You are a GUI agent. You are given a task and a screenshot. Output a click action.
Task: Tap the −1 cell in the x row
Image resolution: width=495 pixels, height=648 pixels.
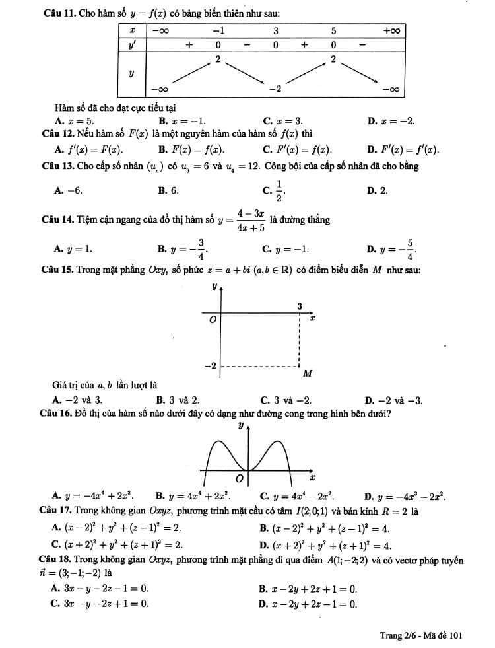point(218,31)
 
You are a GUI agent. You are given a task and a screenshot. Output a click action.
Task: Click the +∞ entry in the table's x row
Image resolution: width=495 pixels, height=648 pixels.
point(392,31)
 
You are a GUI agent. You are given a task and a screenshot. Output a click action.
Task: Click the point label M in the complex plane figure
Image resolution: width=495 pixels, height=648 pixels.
point(307,374)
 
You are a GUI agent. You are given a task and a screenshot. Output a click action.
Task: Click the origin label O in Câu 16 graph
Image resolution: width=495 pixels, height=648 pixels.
point(240,476)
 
